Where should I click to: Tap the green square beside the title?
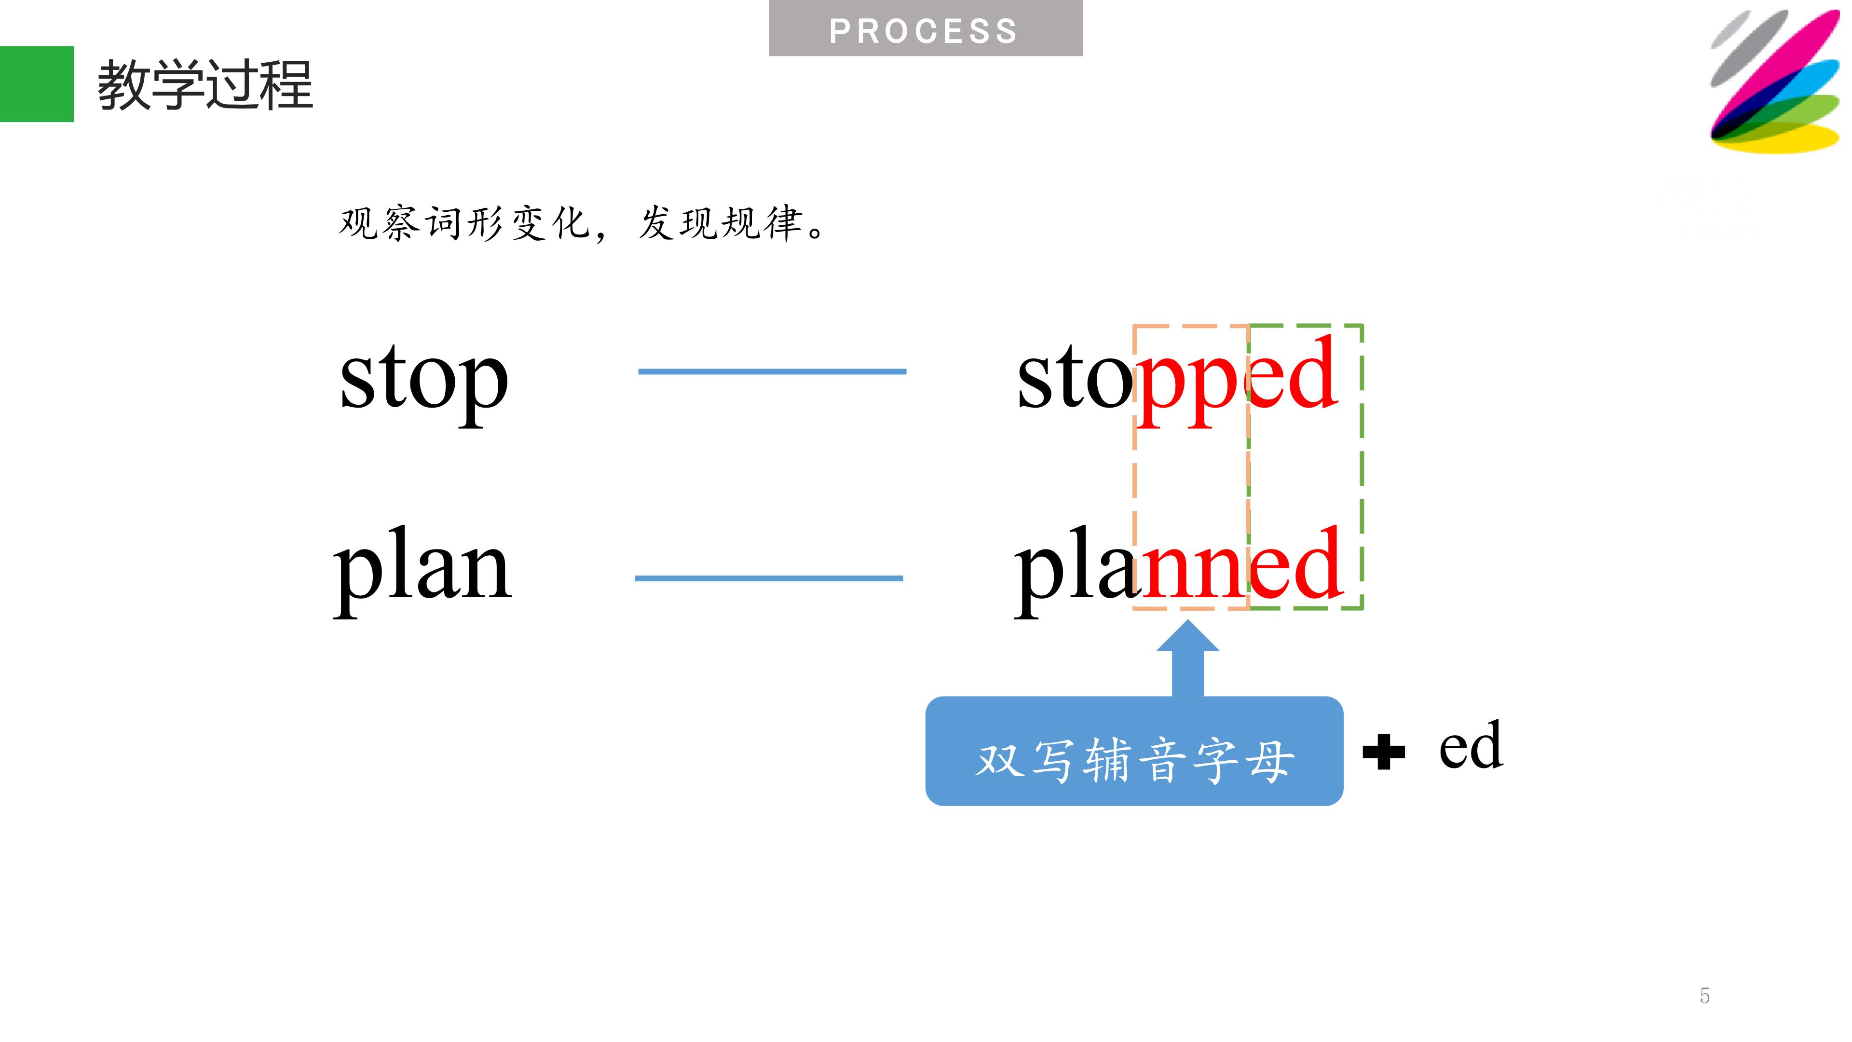(37, 84)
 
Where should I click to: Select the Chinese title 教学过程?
(205, 85)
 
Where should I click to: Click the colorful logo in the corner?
(1774, 81)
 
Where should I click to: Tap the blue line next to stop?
(772, 372)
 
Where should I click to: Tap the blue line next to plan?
(769, 578)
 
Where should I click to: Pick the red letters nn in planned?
(1194, 573)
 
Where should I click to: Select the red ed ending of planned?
(1295, 562)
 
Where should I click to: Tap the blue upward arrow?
(1188, 658)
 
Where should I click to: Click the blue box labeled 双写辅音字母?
(1134, 751)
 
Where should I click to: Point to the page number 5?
(1704, 996)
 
